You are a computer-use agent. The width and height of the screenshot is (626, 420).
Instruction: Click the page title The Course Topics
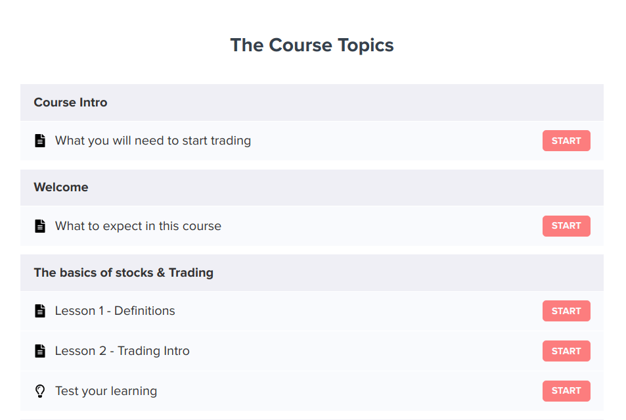point(312,45)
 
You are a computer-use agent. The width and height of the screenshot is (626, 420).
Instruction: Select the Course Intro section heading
point(70,103)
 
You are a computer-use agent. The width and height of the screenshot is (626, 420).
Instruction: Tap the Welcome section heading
point(61,187)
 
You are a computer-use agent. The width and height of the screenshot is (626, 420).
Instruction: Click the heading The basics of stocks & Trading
point(123,273)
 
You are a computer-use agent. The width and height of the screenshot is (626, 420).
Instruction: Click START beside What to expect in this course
point(566,226)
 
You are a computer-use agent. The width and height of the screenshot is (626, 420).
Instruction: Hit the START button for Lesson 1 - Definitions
point(566,311)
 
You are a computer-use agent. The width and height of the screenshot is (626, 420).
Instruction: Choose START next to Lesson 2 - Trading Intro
point(566,351)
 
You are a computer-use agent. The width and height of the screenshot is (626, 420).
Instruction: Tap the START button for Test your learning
point(566,391)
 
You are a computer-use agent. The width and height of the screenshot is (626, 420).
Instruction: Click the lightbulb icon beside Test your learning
point(40,391)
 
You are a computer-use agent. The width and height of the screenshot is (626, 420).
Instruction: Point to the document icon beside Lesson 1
point(40,311)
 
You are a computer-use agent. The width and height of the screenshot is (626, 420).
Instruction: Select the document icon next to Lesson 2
point(40,351)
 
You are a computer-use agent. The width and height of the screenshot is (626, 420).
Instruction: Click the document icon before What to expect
point(40,226)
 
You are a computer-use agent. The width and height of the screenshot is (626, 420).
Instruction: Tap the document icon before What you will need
point(40,141)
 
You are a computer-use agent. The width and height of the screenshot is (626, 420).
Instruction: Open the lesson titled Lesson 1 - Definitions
point(115,311)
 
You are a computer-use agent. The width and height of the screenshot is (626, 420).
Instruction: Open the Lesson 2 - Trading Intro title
point(122,351)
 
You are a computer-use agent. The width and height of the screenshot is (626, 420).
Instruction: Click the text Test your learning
point(106,391)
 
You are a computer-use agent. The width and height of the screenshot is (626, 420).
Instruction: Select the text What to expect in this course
point(138,226)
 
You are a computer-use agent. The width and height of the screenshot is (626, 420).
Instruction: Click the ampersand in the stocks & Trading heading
point(161,273)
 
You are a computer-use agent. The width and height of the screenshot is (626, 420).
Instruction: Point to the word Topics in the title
point(365,46)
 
